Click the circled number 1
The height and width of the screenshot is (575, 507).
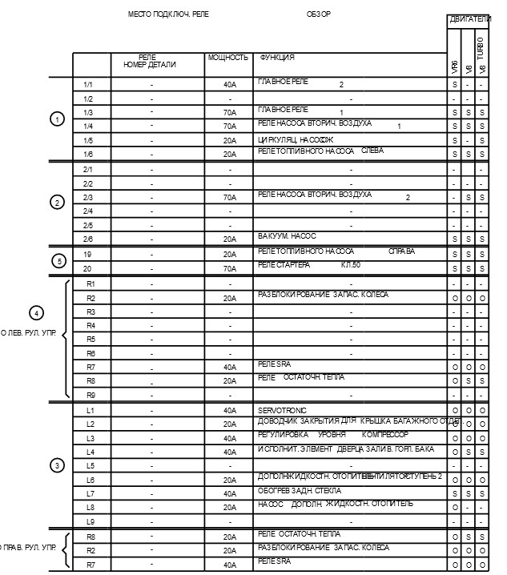tap(56, 119)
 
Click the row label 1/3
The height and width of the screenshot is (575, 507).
tap(88, 113)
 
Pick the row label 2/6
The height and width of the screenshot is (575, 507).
tap(88, 239)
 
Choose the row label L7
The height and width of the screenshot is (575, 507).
tap(91, 493)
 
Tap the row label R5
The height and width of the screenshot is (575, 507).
tap(91, 339)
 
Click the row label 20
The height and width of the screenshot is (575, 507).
tap(89, 268)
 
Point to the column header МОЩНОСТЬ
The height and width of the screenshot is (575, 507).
tap(228, 58)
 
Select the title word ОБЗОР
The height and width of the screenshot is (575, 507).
tap(318, 14)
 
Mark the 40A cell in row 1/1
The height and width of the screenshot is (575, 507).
tap(230, 85)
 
